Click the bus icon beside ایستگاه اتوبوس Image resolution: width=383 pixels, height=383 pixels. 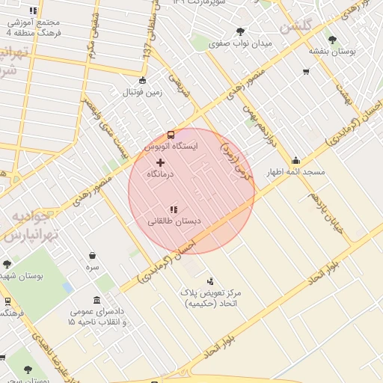coord(171,135)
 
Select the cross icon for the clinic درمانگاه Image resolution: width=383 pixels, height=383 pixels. coord(160,162)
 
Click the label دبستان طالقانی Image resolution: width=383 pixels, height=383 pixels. coord(172,221)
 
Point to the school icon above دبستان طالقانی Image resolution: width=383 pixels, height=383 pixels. coord(173,209)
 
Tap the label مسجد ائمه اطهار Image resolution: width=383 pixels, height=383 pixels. coord(297,172)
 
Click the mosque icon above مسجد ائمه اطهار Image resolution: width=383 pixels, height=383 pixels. coord(296,160)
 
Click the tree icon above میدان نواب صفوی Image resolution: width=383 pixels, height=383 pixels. coord(239,31)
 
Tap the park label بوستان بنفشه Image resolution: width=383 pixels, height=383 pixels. coord(331,52)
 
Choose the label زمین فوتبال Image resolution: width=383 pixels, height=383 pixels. coord(143,93)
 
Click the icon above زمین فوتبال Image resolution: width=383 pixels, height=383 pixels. coord(143,81)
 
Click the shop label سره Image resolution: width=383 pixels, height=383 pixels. coord(92,266)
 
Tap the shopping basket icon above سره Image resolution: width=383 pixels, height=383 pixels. coord(92,255)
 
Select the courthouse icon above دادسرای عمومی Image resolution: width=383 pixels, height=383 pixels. coord(96,300)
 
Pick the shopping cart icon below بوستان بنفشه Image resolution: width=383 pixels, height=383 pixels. coord(306,72)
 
